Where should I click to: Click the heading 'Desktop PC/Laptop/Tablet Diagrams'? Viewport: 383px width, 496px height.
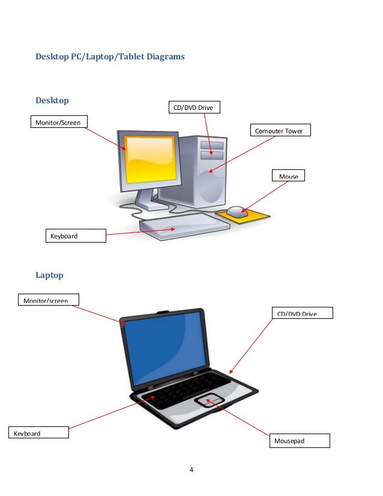click(110, 57)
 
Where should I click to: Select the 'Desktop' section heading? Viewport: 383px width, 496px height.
click(52, 100)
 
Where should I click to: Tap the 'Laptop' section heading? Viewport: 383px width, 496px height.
click(49, 275)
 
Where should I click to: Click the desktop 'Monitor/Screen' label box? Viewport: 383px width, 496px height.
click(59, 122)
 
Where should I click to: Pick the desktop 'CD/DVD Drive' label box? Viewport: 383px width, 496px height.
click(195, 107)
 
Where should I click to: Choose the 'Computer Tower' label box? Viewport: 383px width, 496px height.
click(280, 130)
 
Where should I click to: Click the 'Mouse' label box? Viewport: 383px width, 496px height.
click(288, 176)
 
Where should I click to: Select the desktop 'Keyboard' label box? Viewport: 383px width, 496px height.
click(76, 235)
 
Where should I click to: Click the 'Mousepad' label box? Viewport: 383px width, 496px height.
click(300, 441)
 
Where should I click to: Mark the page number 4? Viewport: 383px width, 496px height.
click(191, 469)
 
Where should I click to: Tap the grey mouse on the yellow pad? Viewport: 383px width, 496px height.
click(237, 211)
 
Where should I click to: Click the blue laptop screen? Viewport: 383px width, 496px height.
click(165, 348)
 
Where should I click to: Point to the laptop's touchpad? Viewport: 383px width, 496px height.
click(209, 401)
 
